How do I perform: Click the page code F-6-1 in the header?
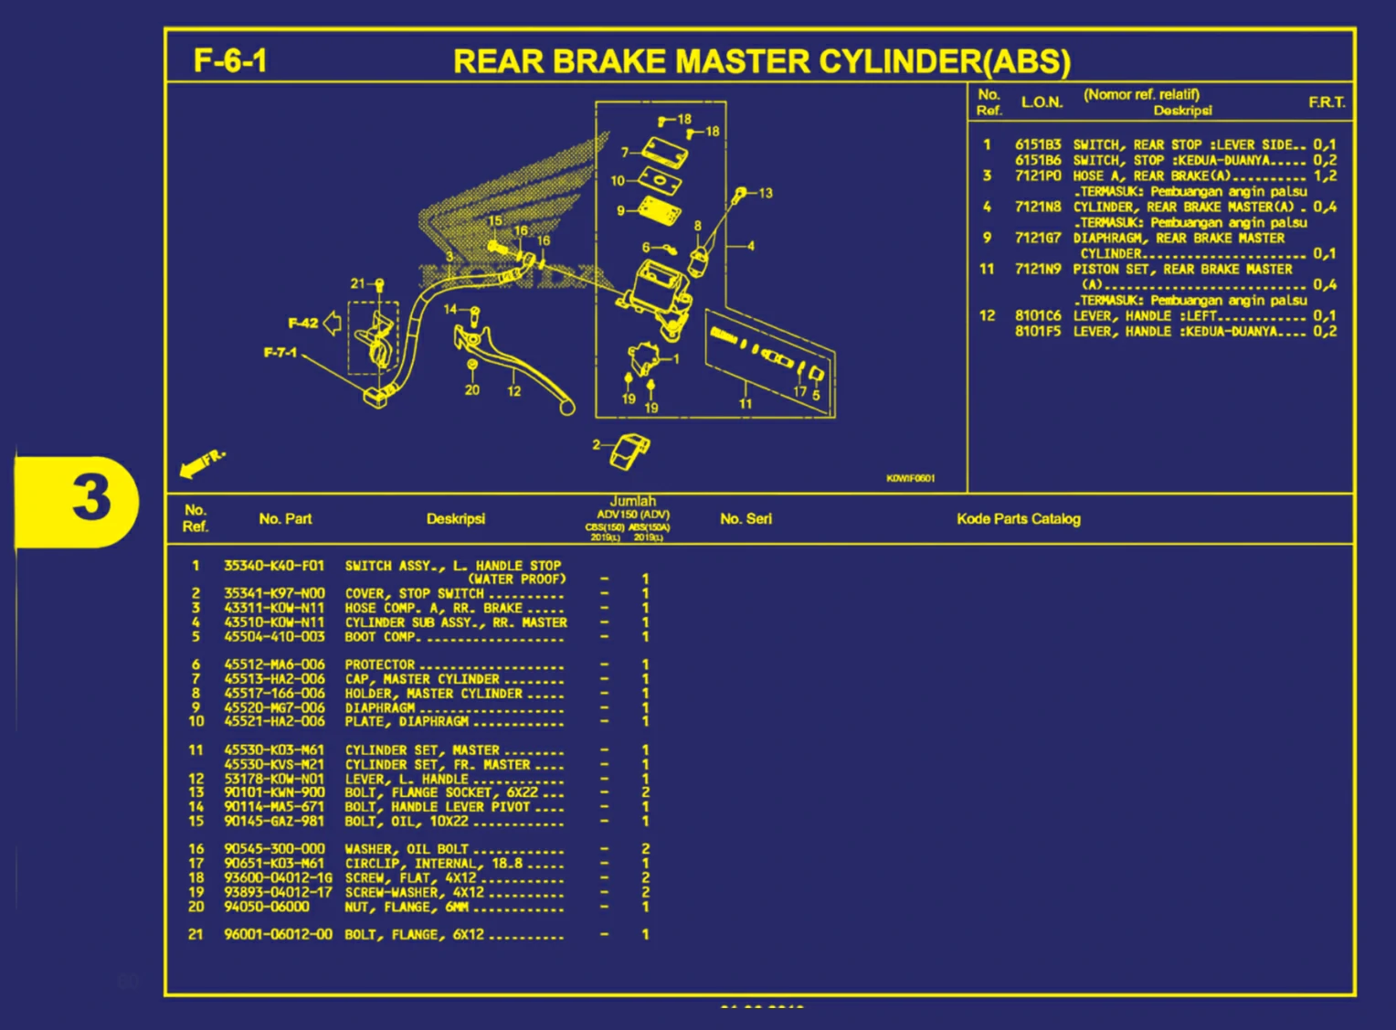[x=230, y=61]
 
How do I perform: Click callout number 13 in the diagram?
[x=766, y=193]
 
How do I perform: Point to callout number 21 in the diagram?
[x=357, y=284]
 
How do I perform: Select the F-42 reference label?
[x=303, y=323]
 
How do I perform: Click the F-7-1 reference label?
[x=280, y=353]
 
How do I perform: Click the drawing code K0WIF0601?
[x=910, y=478]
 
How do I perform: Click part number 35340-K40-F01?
[x=274, y=566]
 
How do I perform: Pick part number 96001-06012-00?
[x=278, y=934]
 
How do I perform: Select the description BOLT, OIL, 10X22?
[x=407, y=821]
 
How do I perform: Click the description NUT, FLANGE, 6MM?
[x=407, y=907]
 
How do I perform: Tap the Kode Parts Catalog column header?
[x=1018, y=519]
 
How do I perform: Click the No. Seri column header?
[x=746, y=519]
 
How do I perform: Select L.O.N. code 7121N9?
[x=1038, y=269]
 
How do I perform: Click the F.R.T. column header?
[x=1327, y=102]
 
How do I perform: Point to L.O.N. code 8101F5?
[x=1038, y=331]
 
